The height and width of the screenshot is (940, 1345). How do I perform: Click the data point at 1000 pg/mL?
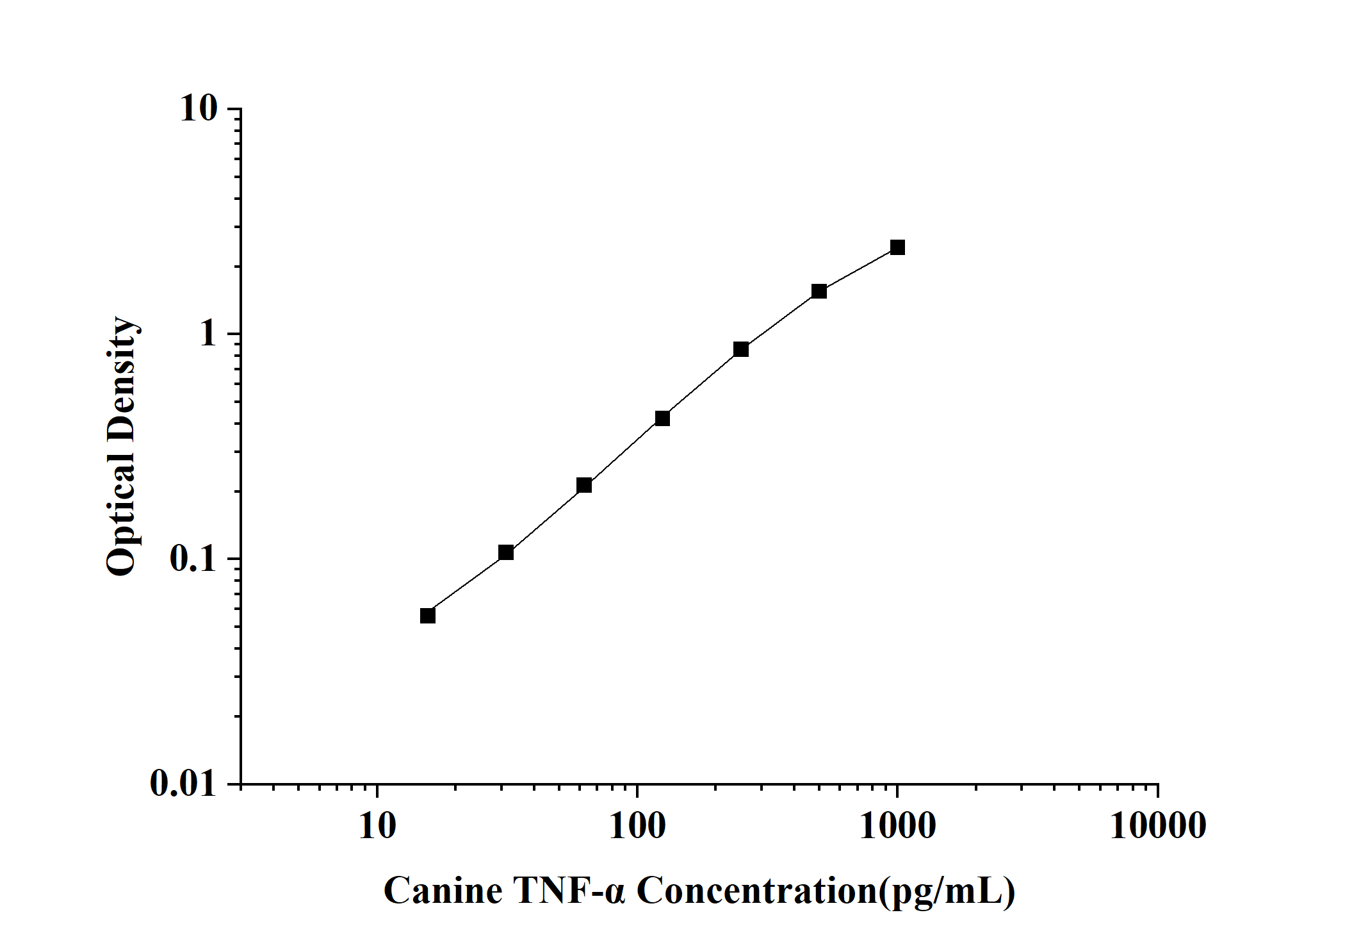[x=897, y=247]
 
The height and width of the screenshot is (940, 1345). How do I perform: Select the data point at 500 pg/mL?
[x=819, y=291]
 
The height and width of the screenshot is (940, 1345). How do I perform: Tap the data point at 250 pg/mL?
[x=741, y=349]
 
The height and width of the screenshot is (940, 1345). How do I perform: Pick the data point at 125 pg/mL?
[x=662, y=418]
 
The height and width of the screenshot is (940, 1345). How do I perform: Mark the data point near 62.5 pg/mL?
[x=584, y=485]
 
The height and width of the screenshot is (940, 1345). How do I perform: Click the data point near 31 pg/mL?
[x=506, y=552]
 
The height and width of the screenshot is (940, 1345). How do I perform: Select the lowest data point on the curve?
[x=428, y=615]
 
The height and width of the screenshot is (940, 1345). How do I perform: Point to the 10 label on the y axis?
[x=199, y=109]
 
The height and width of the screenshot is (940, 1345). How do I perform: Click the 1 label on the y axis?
[x=209, y=334]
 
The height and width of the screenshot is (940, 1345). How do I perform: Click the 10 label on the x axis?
[x=377, y=825]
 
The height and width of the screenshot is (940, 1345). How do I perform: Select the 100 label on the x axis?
[x=637, y=825]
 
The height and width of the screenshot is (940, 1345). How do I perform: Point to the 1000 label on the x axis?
[x=897, y=825]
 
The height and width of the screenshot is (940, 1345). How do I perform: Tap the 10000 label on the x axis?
[x=1158, y=825]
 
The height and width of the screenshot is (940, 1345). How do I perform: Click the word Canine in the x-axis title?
[x=443, y=891]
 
